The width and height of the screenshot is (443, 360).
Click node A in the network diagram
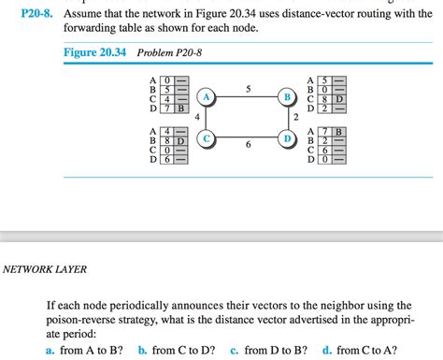pos(205,96)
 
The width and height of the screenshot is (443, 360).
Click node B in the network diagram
pos(289,96)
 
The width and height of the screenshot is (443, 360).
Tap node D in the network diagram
pos(289,138)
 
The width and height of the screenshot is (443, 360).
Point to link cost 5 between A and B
pos(248,89)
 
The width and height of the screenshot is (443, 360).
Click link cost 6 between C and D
pos(248,147)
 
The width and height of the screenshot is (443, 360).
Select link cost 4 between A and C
pos(198,117)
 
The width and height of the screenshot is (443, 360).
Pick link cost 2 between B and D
pos(295,117)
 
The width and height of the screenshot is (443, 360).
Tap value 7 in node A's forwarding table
pos(166,108)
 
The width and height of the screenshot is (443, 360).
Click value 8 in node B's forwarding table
pos(324,98)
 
